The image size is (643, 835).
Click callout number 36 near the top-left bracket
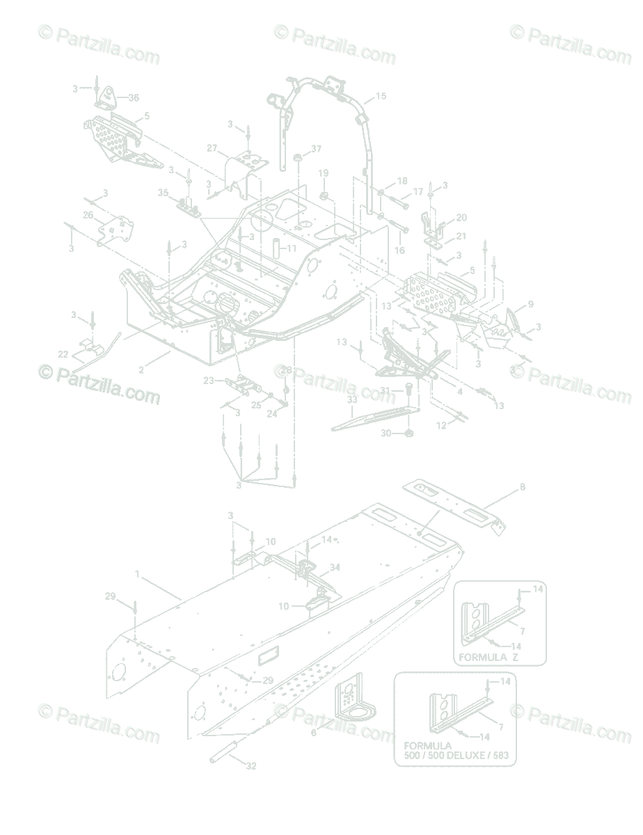[x=133, y=97]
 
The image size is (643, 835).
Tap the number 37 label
[x=317, y=149]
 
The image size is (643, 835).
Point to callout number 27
[x=212, y=148]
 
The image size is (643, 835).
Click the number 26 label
[x=88, y=215]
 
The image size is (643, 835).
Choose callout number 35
[x=164, y=192]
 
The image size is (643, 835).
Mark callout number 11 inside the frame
[x=291, y=248]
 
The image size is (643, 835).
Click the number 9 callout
[x=530, y=304]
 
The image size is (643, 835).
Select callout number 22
[x=63, y=354]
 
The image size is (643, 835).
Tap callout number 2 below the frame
[x=141, y=370]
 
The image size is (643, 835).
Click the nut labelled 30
[x=409, y=434]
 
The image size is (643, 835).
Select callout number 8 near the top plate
[x=523, y=487]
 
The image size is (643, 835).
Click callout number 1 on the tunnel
[x=137, y=575]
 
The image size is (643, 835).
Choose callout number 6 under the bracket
[x=313, y=733]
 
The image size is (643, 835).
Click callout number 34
[x=335, y=568]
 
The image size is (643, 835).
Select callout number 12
[x=440, y=424]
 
